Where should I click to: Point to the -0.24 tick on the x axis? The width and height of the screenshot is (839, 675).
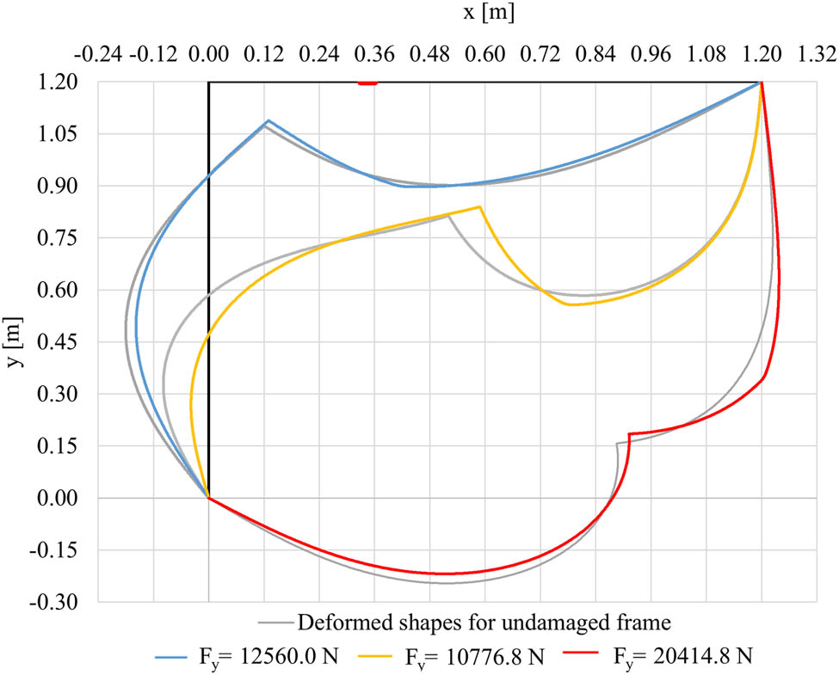click(97, 56)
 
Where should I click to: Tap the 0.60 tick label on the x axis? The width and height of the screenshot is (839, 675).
click(484, 56)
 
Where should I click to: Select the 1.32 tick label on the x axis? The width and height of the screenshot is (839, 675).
click(817, 56)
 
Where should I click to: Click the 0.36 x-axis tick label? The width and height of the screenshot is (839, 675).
click(374, 56)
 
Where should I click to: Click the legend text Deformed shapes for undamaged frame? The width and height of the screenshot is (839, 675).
click(483, 621)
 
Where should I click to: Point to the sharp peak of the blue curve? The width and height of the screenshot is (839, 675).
click(268, 120)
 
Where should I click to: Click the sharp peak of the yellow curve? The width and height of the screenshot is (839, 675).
click(479, 207)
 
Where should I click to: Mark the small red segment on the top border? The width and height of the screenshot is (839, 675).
click(367, 83)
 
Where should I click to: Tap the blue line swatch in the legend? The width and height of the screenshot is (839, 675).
click(175, 658)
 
